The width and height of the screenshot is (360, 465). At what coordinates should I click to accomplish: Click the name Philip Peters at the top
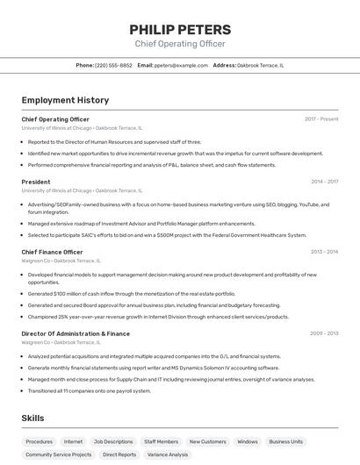point(180,29)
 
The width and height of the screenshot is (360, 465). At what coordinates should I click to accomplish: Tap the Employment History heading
point(65,100)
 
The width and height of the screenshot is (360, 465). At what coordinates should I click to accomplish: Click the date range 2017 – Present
point(321,118)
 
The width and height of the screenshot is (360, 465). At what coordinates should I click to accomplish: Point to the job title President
point(36,182)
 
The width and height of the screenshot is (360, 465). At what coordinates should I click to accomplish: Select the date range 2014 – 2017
point(324,182)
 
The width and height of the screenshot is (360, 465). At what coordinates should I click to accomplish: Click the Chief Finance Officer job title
point(52,252)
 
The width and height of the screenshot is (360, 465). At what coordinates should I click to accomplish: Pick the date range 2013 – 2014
point(324,252)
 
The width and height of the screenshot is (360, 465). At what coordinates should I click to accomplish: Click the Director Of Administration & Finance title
point(76,333)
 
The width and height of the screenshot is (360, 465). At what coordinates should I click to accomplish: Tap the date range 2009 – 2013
point(324,333)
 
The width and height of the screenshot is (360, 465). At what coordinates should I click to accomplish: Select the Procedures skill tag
point(40,441)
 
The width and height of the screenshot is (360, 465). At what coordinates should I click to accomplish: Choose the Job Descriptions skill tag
point(113,441)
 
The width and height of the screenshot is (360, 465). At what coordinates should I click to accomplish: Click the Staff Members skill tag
point(162,441)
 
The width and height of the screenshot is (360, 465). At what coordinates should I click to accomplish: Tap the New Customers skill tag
point(208,441)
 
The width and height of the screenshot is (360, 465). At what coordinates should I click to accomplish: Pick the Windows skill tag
point(248,441)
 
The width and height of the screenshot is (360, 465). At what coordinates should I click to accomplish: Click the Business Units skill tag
point(286,441)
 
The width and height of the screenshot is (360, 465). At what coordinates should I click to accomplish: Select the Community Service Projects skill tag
point(59,454)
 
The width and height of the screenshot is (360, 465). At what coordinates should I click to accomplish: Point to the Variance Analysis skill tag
point(168,454)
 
